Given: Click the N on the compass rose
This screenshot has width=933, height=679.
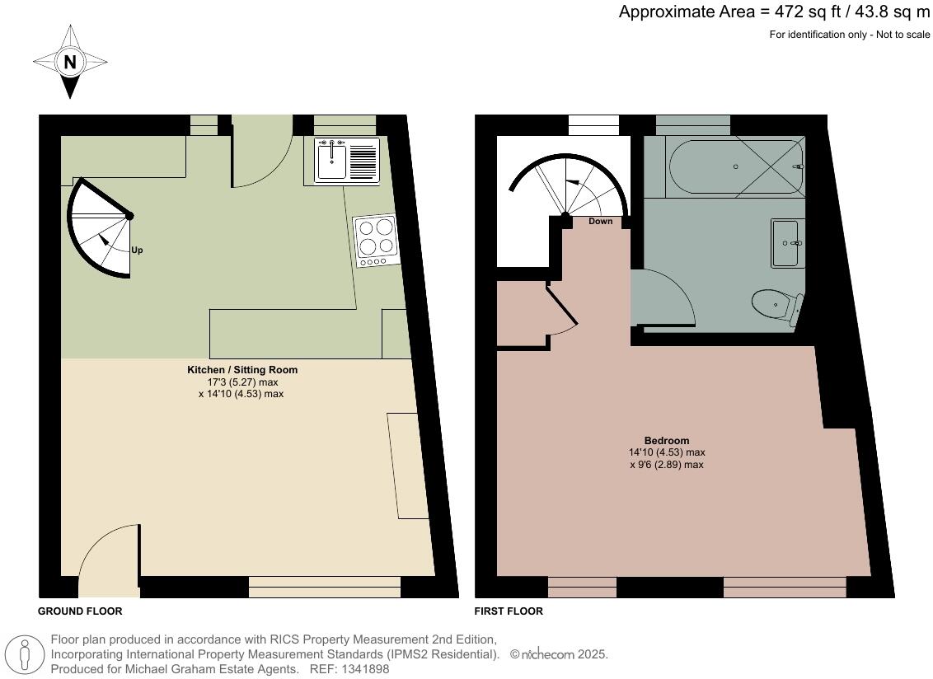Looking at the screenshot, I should [70, 62].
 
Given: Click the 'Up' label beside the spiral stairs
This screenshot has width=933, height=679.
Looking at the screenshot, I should [137, 250].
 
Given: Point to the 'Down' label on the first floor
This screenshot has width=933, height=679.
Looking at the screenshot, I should [601, 222].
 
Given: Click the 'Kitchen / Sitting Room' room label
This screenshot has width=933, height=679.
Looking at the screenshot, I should [242, 370].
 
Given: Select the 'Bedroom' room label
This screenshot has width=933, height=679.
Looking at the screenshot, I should [667, 440].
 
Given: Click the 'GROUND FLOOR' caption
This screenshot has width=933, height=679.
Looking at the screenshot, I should [80, 611].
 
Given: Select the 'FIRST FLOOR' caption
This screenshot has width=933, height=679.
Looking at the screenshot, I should [509, 611].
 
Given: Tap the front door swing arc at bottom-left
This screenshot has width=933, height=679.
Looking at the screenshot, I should [107, 552].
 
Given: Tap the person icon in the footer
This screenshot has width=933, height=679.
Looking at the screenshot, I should [25, 656].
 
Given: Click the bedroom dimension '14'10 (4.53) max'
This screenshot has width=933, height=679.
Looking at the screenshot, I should [667, 452].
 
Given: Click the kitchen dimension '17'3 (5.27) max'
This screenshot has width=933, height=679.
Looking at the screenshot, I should [242, 382].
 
